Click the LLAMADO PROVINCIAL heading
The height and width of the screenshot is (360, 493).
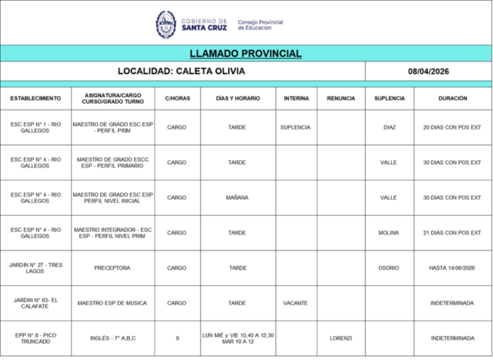246,54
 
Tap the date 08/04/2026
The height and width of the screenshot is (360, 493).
428,72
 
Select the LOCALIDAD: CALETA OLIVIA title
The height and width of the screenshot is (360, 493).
182,72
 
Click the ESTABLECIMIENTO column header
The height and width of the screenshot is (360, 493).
35,99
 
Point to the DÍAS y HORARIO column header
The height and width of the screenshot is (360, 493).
237,99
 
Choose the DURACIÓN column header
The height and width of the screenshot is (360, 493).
452,99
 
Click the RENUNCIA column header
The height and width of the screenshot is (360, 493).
340,99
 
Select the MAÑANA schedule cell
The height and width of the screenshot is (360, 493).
237,197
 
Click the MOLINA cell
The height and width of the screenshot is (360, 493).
389,233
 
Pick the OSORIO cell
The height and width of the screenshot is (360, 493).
389,267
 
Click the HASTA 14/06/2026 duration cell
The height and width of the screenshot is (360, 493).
452,267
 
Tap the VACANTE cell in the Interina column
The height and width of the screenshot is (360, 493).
296,303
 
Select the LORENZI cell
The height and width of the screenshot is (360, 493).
340,338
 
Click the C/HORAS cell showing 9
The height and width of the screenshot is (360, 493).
176,338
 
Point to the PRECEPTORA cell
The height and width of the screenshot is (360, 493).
112,267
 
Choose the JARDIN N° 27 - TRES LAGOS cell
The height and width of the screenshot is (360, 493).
35,267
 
